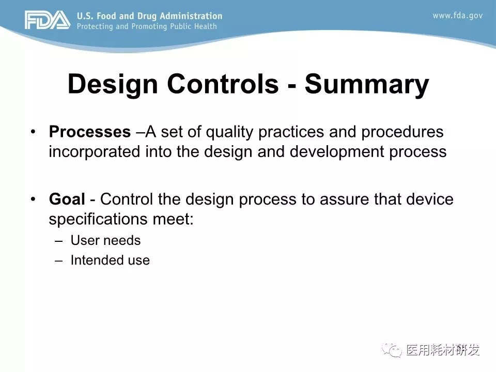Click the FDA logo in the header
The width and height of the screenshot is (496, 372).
click(48, 20)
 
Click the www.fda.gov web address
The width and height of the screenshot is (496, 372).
click(458, 16)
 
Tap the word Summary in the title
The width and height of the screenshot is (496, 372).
click(367, 84)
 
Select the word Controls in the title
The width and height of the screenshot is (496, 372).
click(223, 84)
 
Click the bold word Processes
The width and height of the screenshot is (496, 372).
click(90, 132)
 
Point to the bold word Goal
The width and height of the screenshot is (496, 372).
click(67, 199)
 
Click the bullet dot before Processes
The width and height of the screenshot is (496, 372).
click(33, 132)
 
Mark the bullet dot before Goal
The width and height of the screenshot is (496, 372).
click(33, 199)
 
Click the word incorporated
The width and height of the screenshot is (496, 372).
click(94, 151)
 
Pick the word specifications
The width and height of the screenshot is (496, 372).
click(98, 219)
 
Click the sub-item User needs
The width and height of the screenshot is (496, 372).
click(105, 240)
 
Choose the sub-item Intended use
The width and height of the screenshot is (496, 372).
click(110, 260)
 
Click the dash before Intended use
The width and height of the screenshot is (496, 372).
click(58, 261)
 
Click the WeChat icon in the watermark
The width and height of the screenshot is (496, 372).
click(392, 350)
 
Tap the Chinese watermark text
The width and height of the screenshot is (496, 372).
click(443, 350)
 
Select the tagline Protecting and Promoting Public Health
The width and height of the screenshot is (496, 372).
click(147, 26)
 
